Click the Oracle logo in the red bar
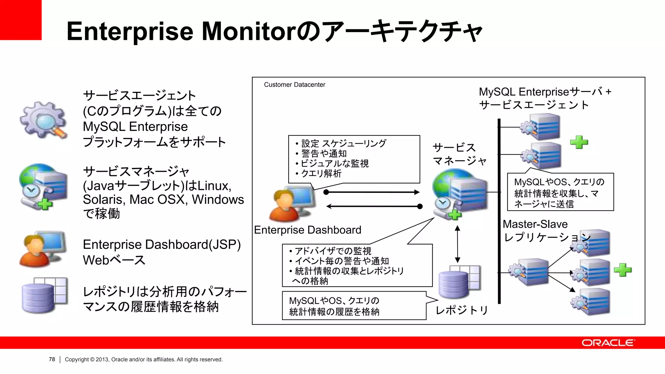click(608, 343)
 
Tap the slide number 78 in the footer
click(52, 359)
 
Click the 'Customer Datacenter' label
click(294, 85)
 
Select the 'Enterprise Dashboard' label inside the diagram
click(307, 230)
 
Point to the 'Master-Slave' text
click(535, 224)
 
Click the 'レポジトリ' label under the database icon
click(461, 310)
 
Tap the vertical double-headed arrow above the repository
click(458, 244)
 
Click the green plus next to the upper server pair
click(579, 142)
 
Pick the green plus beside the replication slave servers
click(622, 270)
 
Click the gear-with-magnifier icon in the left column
click(44, 120)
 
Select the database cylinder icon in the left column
click(44, 296)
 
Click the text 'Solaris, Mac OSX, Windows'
click(163, 199)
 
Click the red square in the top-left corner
click(20, 20)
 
